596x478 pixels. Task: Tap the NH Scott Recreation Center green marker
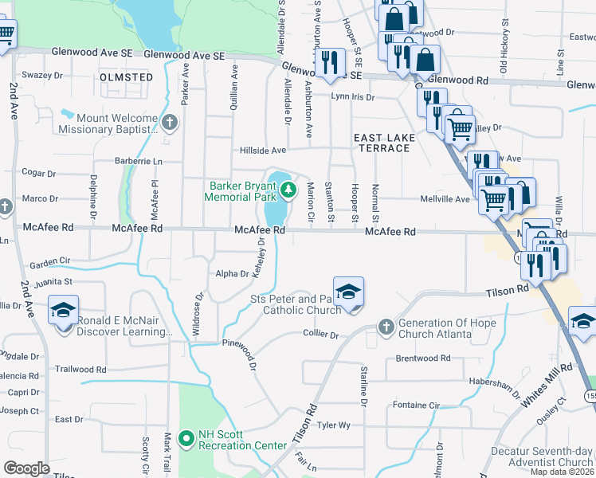tap(186, 438)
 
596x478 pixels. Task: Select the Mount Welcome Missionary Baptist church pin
tap(169, 122)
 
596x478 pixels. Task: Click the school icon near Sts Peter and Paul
tap(348, 292)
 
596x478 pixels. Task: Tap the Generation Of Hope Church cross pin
tap(385, 327)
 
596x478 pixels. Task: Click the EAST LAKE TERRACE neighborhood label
tap(385, 143)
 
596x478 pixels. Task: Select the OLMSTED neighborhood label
tap(127, 77)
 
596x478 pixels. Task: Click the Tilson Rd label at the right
tap(507, 294)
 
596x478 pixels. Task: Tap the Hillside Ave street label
tap(263, 150)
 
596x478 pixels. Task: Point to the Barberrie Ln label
tap(136, 160)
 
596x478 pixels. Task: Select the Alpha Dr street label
tap(233, 274)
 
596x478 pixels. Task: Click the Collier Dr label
tap(321, 335)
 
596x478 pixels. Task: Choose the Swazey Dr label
tap(42, 75)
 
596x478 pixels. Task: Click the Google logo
tap(27, 468)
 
